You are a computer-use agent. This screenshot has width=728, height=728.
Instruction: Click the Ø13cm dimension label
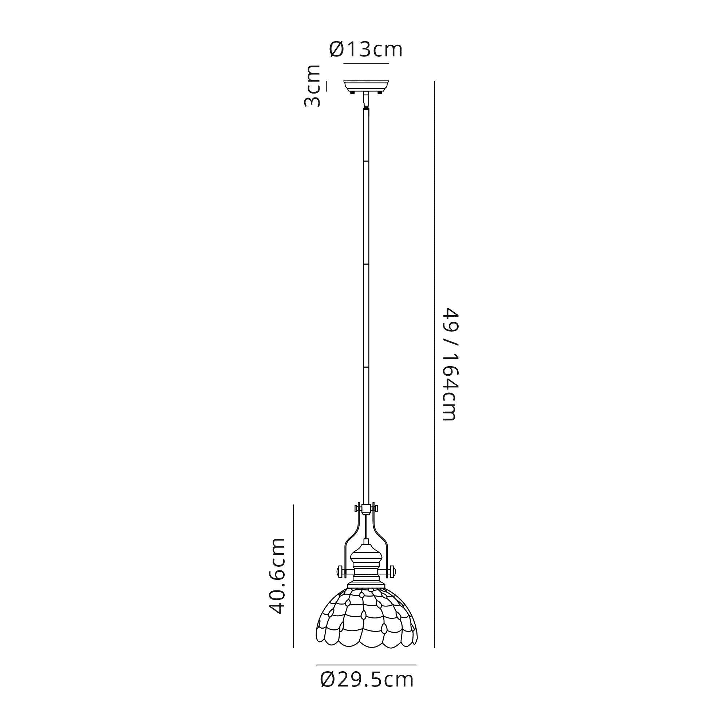point(366,50)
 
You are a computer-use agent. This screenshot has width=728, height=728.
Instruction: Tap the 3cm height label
point(312,86)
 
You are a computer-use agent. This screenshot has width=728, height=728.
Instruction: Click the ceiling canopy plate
point(366,86)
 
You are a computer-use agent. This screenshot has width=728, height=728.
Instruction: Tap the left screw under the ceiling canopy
point(352,92)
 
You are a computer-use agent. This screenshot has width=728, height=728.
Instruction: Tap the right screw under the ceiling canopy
point(380,92)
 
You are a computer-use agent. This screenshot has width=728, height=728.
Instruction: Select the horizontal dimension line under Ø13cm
point(366,64)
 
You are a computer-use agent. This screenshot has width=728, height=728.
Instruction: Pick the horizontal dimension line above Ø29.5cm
point(367,665)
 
